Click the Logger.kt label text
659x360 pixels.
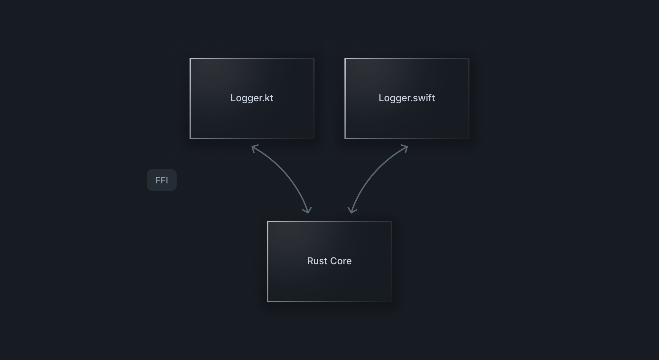[x=252, y=98]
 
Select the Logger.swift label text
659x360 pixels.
[x=407, y=98]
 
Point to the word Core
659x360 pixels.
[x=341, y=261]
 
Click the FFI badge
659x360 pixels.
[x=162, y=180]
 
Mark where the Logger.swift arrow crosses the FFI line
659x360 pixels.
[x=368, y=180]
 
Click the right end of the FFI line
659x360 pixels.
[x=511, y=180]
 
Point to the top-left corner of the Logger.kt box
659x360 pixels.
[x=190, y=58]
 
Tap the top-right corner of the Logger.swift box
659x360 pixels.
[x=469, y=58]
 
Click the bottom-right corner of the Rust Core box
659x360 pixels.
[x=391, y=302]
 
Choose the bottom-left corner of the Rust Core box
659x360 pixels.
[x=268, y=302]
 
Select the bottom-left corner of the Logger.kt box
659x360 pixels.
[x=190, y=139]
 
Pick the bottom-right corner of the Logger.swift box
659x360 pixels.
[x=469, y=139]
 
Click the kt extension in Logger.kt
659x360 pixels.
[x=269, y=98]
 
